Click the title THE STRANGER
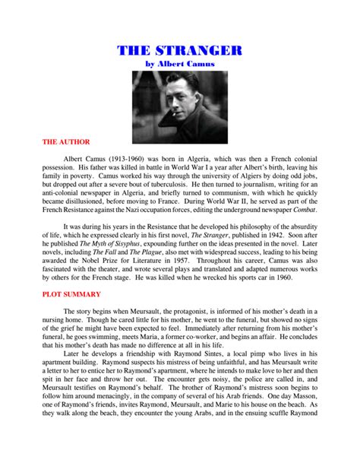point(180,51)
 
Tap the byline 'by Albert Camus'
point(180,65)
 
